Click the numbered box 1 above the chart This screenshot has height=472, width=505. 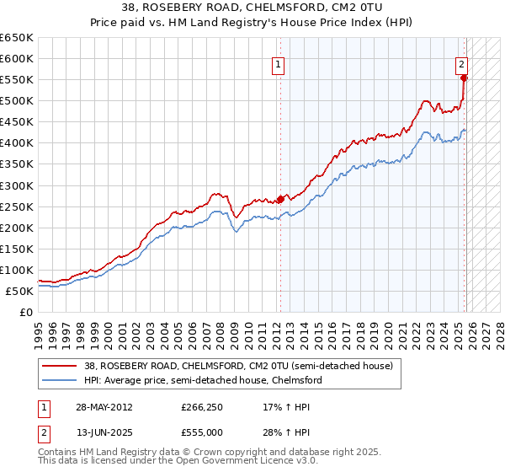pyautogui.click(x=278, y=62)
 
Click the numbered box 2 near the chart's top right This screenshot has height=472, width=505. pyautogui.click(x=462, y=62)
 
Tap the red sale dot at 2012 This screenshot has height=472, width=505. pyautogui.click(x=280, y=200)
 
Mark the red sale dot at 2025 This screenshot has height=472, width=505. pyautogui.click(x=465, y=78)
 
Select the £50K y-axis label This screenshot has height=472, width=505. pyautogui.click(x=19, y=291)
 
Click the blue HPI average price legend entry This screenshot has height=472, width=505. pyautogui.click(x=203, y=381)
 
